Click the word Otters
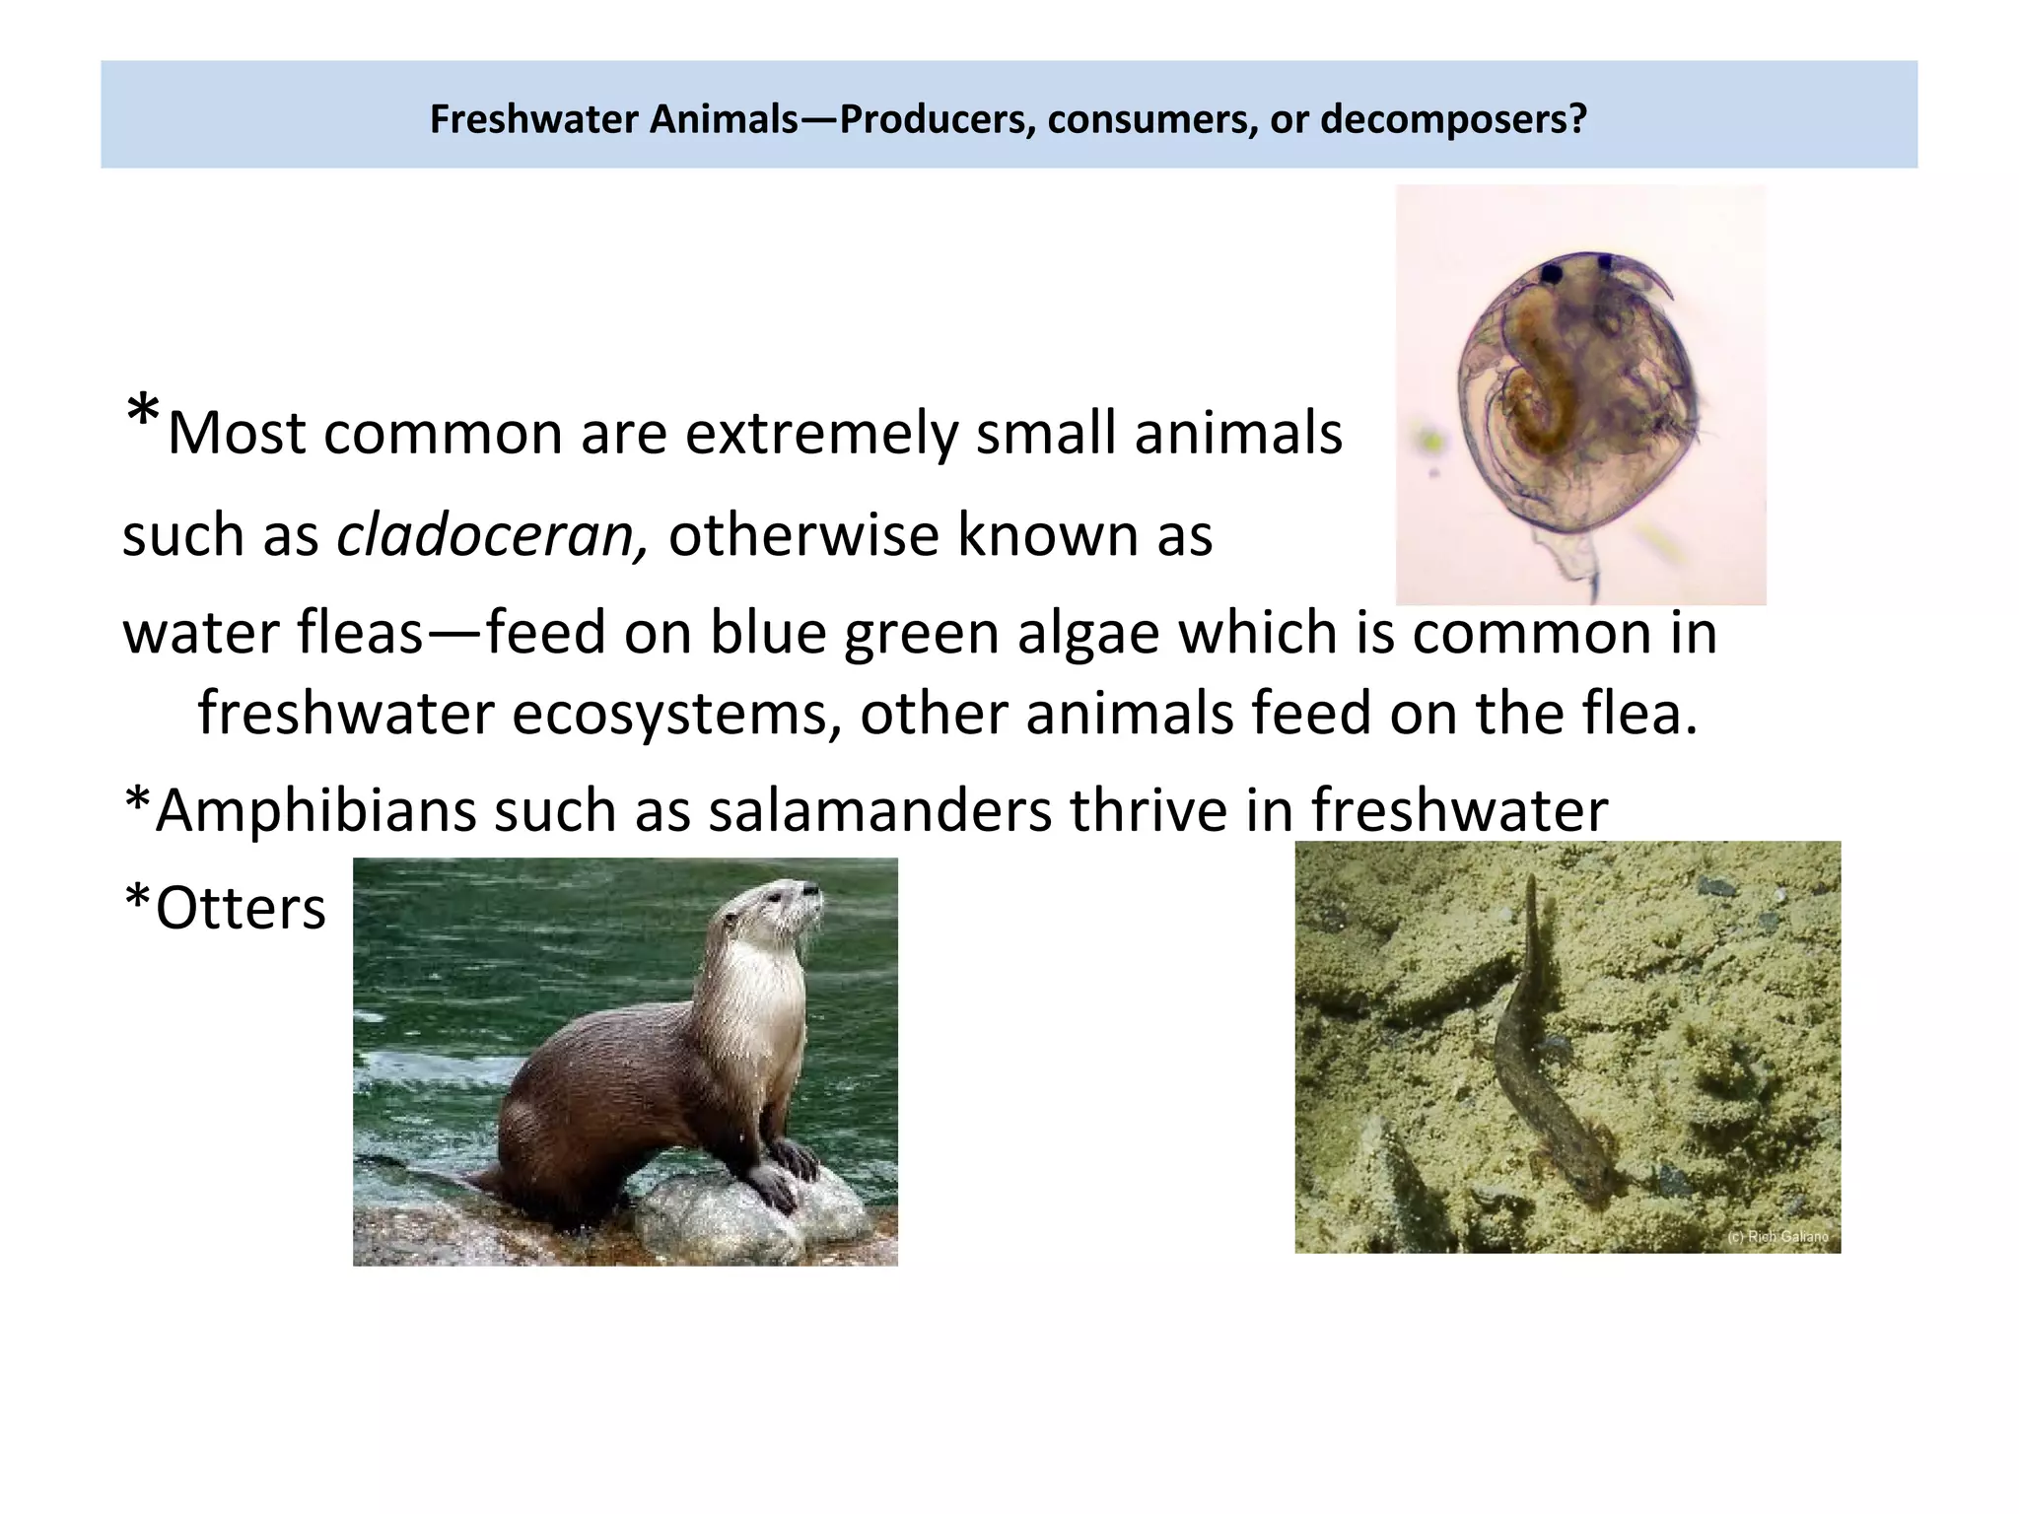pyautogui.click(x=241, y=908)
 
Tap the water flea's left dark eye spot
pyautogui.click(x=1555, y=272)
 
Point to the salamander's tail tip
pyautogui.click(x=1530, y=882)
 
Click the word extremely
pyautogui.click(x=820, y=434)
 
